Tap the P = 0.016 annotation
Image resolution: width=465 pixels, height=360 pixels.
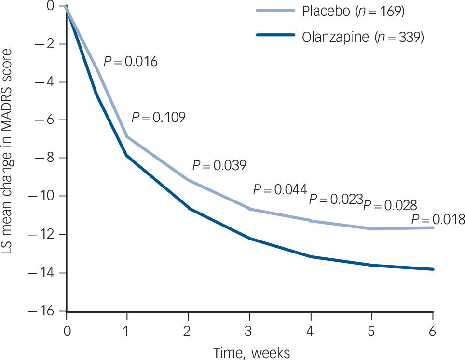130,62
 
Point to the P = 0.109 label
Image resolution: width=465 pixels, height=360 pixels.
158,117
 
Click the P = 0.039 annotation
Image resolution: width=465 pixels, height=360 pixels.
219,165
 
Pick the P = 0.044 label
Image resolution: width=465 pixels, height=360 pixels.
280,189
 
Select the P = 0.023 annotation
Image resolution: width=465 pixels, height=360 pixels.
335,199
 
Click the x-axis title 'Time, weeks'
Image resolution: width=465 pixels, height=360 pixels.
252,352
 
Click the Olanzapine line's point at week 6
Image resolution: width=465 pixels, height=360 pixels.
433,269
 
